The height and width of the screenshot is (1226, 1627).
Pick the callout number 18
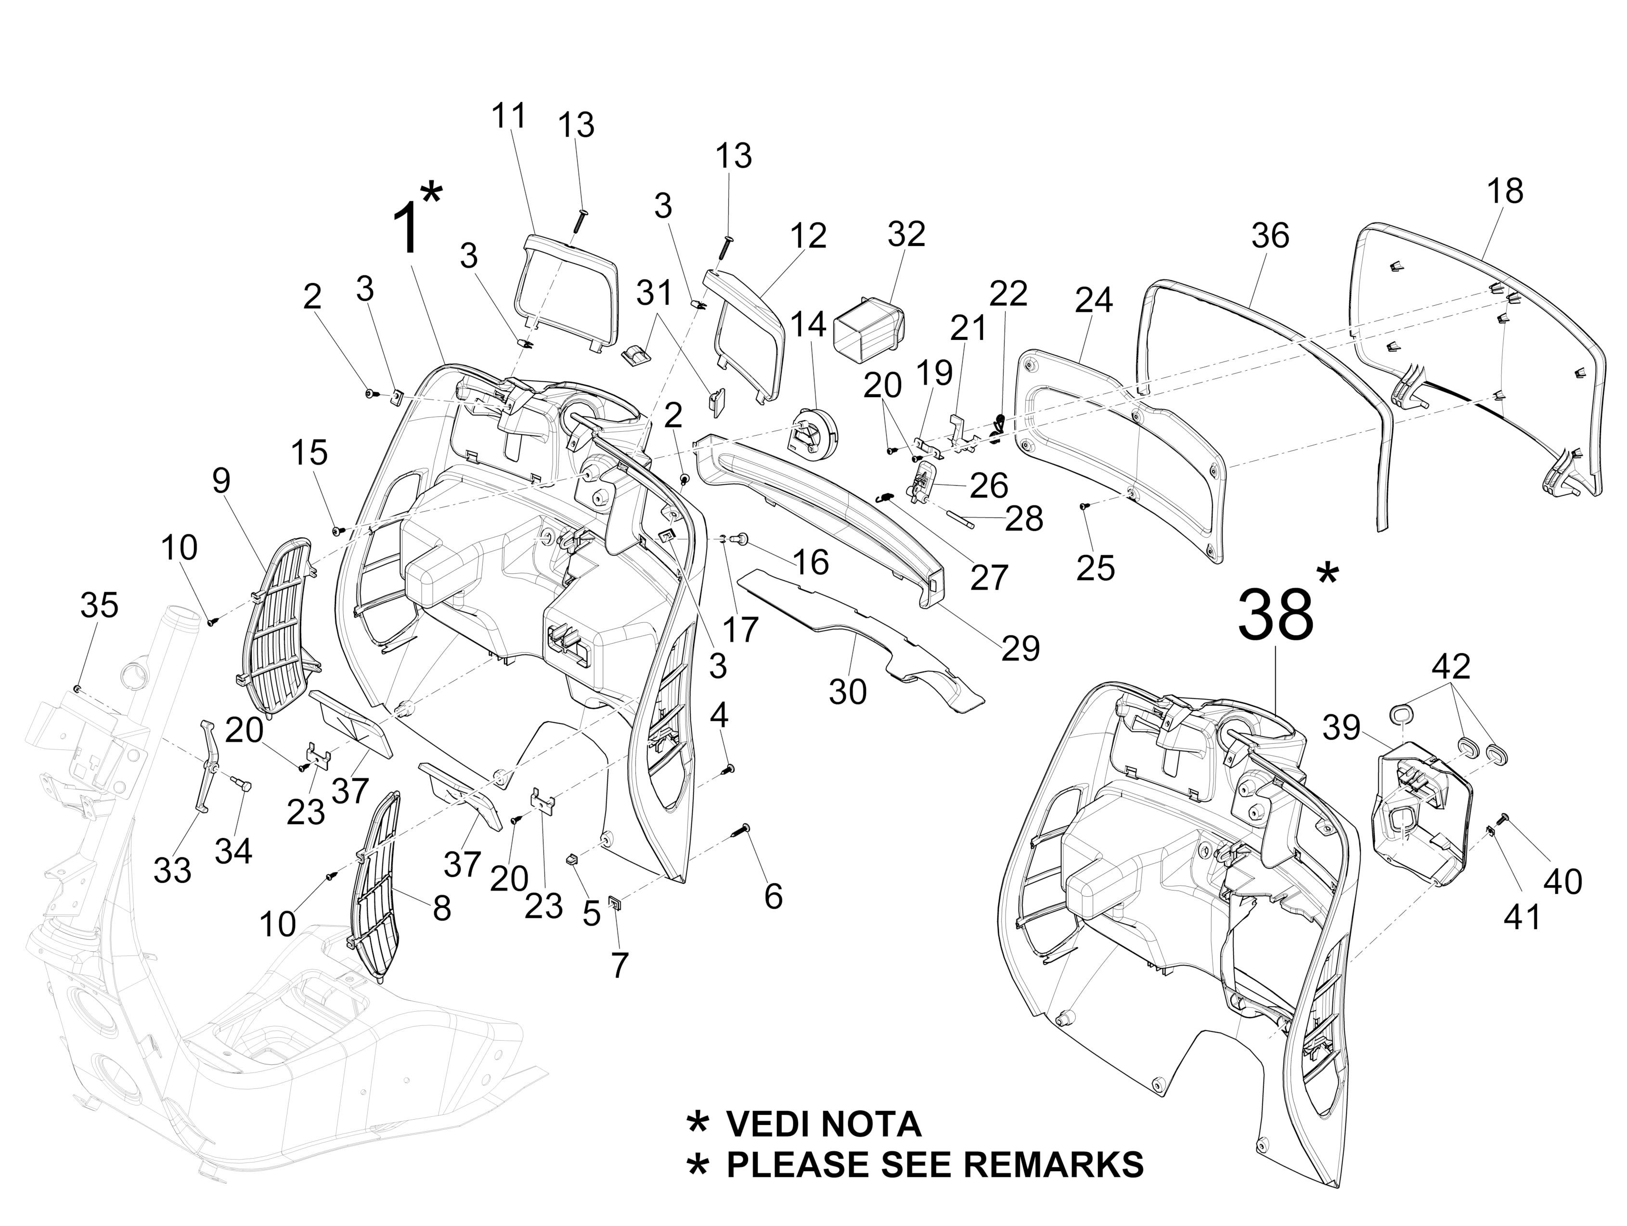click(x=1504, y=191)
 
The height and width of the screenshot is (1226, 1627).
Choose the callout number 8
click(x=441, y=909)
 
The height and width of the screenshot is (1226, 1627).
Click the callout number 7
click(x=620, y=965)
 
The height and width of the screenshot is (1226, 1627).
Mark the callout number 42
click(x=1450, y=666)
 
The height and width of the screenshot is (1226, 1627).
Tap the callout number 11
click(x=509, y=116)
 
